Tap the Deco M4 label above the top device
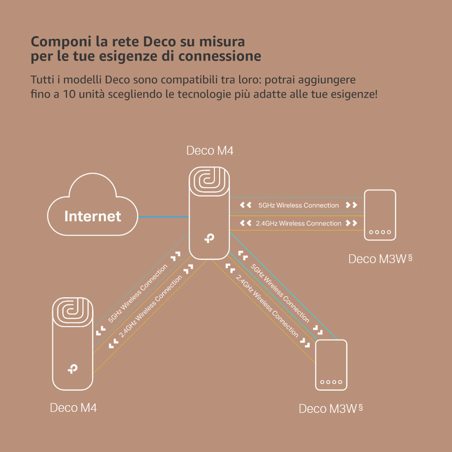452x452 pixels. (x=210, y=151)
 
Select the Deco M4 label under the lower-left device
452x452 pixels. (x=73, y=408)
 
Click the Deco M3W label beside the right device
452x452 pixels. (x=377, y=259)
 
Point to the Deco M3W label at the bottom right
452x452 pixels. (x=328, y=409)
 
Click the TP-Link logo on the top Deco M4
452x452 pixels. (x=209, y=238)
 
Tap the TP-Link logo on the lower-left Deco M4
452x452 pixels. (x=72, y=369)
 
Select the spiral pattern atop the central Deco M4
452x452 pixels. (x=209, y=180)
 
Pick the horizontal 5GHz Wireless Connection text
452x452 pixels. (x=298, y=205)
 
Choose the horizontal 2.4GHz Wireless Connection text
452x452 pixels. (x=298, y=223)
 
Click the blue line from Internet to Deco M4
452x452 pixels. (x=163, y=217)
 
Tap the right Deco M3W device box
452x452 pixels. (x=380, y=214)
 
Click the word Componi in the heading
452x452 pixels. (x=61, y=42)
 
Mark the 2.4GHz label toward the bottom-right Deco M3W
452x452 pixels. (x=267, y=307)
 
